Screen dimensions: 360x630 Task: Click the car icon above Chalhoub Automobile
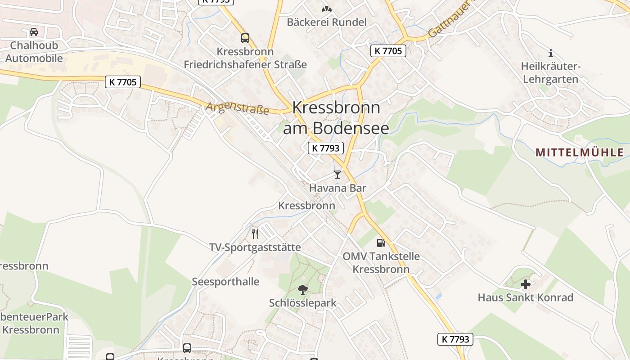(x=34, y=32)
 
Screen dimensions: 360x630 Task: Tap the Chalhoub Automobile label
(x=34, y=52)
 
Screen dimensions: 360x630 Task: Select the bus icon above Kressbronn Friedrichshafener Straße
(x=245, y=38)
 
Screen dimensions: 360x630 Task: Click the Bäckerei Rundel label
(x=327, y=22)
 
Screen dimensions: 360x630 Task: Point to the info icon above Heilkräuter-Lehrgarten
(x=551, y=53)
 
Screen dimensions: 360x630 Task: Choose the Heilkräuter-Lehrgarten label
(x=550, y=73)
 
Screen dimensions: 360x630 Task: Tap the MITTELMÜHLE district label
(x=580, y=153)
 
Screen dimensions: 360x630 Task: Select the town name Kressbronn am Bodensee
(x=336, y=118)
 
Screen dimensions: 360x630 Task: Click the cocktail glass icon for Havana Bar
(x=337, y=175)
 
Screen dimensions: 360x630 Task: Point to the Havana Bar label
(x=337, y=188)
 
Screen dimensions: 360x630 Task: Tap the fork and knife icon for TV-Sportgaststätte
(x=255, y=234)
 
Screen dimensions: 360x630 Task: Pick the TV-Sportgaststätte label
(x=255, y=247)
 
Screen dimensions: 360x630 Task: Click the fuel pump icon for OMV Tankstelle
(x=381, y=243)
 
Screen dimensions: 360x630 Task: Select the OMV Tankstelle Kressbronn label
(x=381, y=263)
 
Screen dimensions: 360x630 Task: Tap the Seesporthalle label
(x=225, y=282)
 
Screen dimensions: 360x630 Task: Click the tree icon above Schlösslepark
(x=302, y=290)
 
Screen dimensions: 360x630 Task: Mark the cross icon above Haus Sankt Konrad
(x=525, y=284)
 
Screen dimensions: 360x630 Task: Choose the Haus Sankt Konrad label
(x=525, y=297)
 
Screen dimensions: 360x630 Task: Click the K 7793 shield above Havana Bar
(x=326, y=148)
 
